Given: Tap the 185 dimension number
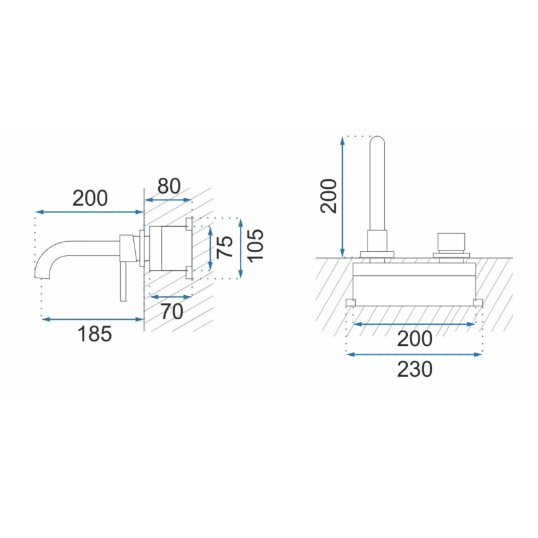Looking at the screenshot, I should click(x=95, y=334).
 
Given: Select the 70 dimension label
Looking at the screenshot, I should click(x=172, y=311).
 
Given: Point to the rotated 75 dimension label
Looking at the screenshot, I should click(x=226, y=247).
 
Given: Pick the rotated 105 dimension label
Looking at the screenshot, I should click(x=254, y=245).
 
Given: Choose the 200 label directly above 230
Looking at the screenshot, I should click(x=414, y=338).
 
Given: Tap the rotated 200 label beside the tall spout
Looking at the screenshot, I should click(x=329, y=196).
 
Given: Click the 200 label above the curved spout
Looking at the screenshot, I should click(x=90, y=198).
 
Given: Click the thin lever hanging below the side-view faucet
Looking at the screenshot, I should click(x=123, y=282).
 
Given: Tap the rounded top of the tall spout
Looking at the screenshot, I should click(x=377, y=141).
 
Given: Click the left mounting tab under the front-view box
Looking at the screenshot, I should click(x=350, y=302).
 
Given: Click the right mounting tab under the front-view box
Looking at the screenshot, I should click(x=478, y=302).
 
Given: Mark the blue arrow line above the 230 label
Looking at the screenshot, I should click(x=414, y=355).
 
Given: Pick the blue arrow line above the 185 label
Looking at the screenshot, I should click(x=92, y=319).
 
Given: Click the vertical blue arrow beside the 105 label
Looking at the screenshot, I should click(x=240, y=248).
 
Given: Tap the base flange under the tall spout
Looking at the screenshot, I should click(x=377, y=254).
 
